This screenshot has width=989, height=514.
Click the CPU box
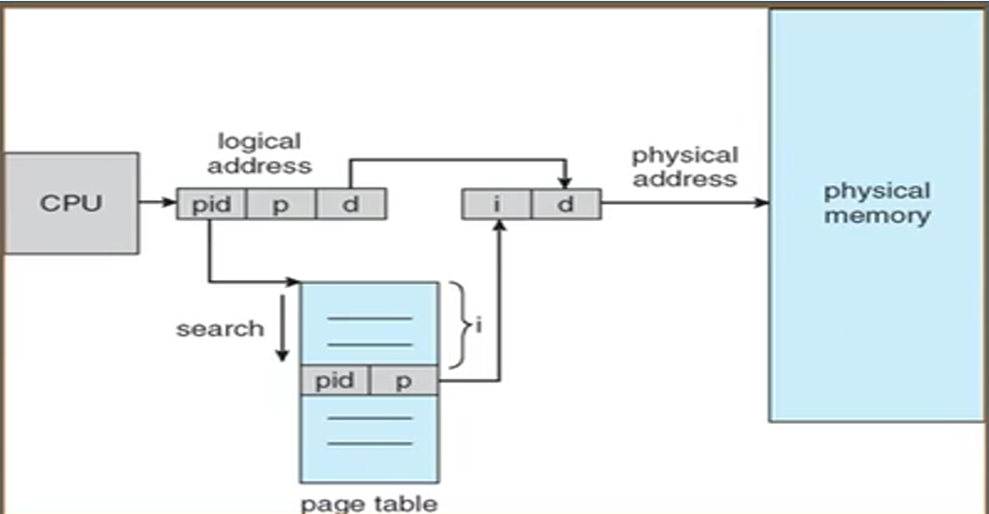point(72,203)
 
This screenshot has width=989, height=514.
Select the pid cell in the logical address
point(211,205)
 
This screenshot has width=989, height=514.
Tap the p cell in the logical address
point(281,205)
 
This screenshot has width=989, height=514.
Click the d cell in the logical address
point(351,205)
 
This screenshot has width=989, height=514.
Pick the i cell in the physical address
point(497,205)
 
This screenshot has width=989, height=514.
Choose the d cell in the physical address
point(566,205)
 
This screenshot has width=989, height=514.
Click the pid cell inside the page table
point(334,380)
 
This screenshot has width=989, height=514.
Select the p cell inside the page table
point(404,380)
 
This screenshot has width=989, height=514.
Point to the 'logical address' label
point(260,153)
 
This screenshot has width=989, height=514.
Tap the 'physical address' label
point(685,167)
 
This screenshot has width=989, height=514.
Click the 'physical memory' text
point(877,203)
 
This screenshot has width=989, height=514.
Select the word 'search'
point(219,329)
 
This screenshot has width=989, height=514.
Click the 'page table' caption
point(369,504)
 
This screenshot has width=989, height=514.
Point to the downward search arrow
point(282,328)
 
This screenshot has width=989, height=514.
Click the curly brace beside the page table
point(461,325)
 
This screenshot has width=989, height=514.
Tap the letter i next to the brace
point(479,326)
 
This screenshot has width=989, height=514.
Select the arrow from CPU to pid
point(158,203)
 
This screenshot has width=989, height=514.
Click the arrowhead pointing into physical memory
point(761,203)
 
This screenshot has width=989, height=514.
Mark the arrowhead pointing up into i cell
point(499,226)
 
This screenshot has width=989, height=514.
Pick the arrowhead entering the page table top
point(294,281)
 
